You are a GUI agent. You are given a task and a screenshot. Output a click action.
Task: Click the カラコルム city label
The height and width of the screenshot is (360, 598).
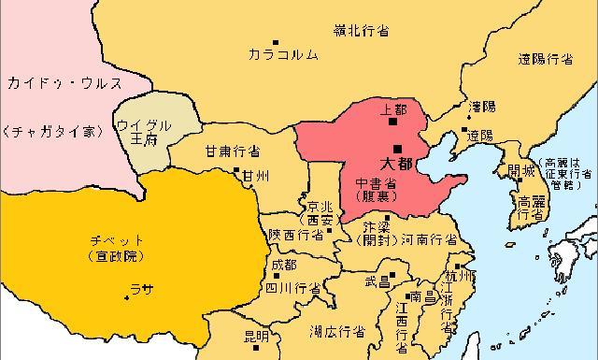(x=283, y=55)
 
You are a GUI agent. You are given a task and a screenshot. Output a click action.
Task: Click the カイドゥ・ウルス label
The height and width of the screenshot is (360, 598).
(x=64, y=83)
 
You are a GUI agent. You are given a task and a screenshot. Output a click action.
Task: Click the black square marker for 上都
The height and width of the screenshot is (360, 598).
(x=393, y=121)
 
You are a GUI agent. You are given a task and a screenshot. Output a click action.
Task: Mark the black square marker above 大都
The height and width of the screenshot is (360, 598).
(x=398, y=148)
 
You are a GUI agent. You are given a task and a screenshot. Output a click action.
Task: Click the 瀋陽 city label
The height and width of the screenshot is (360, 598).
(x=482, y=107)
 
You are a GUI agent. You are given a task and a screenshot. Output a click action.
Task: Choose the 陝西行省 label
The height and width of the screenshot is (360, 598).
(x=296, y=236)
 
